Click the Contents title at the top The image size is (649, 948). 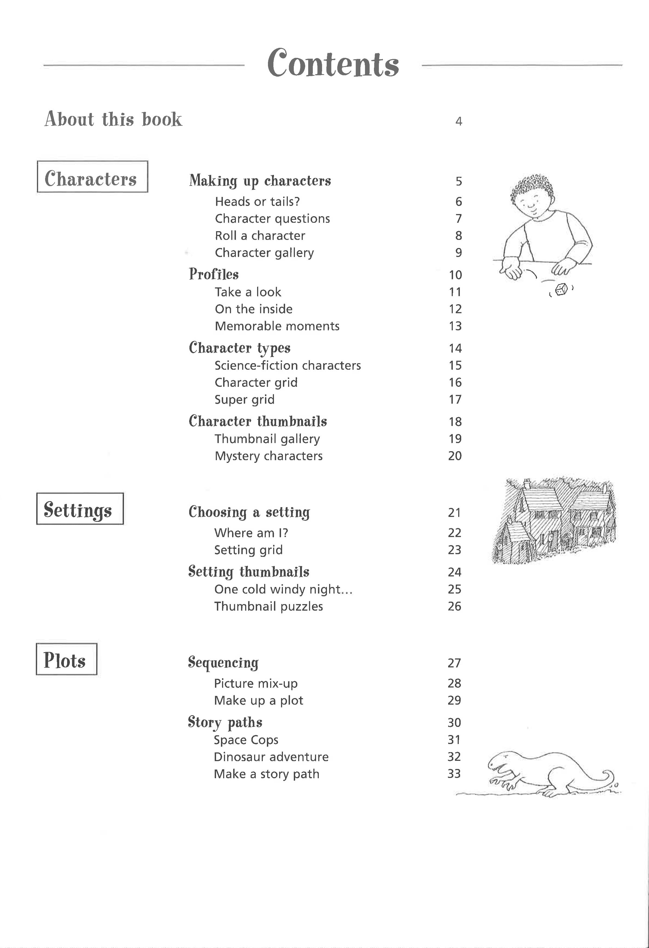(x=333, y=64)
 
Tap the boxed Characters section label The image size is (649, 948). (x=92, y=177)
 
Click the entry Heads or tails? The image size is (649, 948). (x=257, y=202)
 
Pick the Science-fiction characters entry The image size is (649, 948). (x=288, y=365)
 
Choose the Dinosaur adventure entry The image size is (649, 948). (x=271, y=757)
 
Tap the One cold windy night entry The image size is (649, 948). (x=283, y=589)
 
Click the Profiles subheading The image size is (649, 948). (x=213, y=274)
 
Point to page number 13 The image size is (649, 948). (x=455, y=326)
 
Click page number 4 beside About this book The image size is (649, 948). (x=458, y=121)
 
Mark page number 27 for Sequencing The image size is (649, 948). (x=454, y=663)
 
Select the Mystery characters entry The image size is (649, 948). (x=269, y=456)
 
